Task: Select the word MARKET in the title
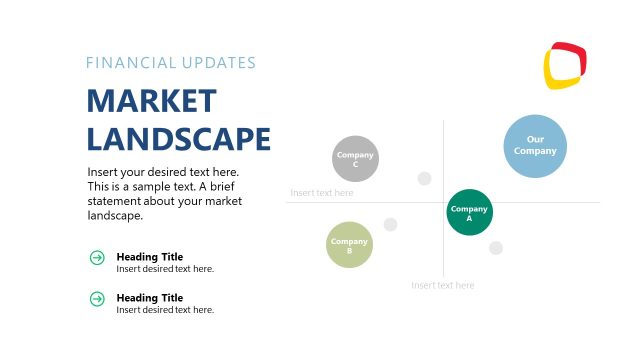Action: pyautogui.click(x=151, y=101)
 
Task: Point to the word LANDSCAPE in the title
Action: pyautogui.click(x=179, y=138)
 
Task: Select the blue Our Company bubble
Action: pyautogui.click(x=535, y=145)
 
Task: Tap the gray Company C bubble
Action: pyautogui.click(x=355, y=158)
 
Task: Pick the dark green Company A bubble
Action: pyautogui.click(x=469, y=212)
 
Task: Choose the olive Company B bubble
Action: pyautogui.click(x=349, y=245)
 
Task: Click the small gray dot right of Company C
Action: pyautogui.click(x=424, y=178)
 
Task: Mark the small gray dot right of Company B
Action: pyautogui.click(x=390, y=224)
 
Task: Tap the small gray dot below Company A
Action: pyautogui.click(x=496, y=247)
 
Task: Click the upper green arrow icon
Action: pyautogui.click(x=97, y=258)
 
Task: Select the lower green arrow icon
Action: pyautogui.click(x=97, y=298)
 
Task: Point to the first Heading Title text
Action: pyautogui.click(x=149, y=256)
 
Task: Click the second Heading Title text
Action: pyautogui.click(x=149, y=297)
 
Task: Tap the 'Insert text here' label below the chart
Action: pyautogui.click(x=442, y=285)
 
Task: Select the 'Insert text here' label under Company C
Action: pyautogui.click(x=322, y=193)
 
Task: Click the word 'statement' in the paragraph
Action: pyautogui.click(x=116, y=201)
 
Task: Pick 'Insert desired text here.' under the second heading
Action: pyautogui.click(x=165, y=309)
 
